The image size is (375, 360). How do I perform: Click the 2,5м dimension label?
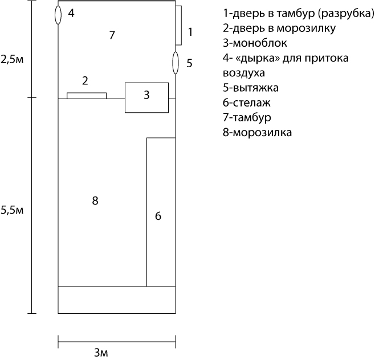pyautogui.click(x=12, y=59)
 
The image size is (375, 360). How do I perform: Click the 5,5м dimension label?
pyautogui.click(x=12, y=210)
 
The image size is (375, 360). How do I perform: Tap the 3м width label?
pyautogui.click(x=101, y=353)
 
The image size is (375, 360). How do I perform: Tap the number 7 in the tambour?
pyautogui.click(x=112, y=35)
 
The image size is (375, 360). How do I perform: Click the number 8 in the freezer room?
pyautogui.click(x=95, y=201)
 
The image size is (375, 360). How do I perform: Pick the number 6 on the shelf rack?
pyautogui.click(x=158, y=216)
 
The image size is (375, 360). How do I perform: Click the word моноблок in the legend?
pyautogui.click(x=260, y=43)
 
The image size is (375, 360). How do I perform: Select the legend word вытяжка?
pyautogui.click(x=255, y=88)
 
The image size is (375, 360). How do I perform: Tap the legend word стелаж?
pyautogui.click(x=251, y=103)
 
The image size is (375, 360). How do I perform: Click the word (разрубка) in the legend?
pyautogui.click(x=346, y=14)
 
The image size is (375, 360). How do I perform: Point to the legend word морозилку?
pyautogui.click(x=306, y=28)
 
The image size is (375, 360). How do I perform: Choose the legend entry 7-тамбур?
pyautogui.click(x=247, y=117)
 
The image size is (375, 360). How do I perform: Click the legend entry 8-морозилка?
pyautogui.click(x=258, y=132)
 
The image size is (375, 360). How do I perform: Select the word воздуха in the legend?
pyautogui.click(x=244, y=73)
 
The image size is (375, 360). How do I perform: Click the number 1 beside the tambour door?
pyautogui.click(x=190, y=32)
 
